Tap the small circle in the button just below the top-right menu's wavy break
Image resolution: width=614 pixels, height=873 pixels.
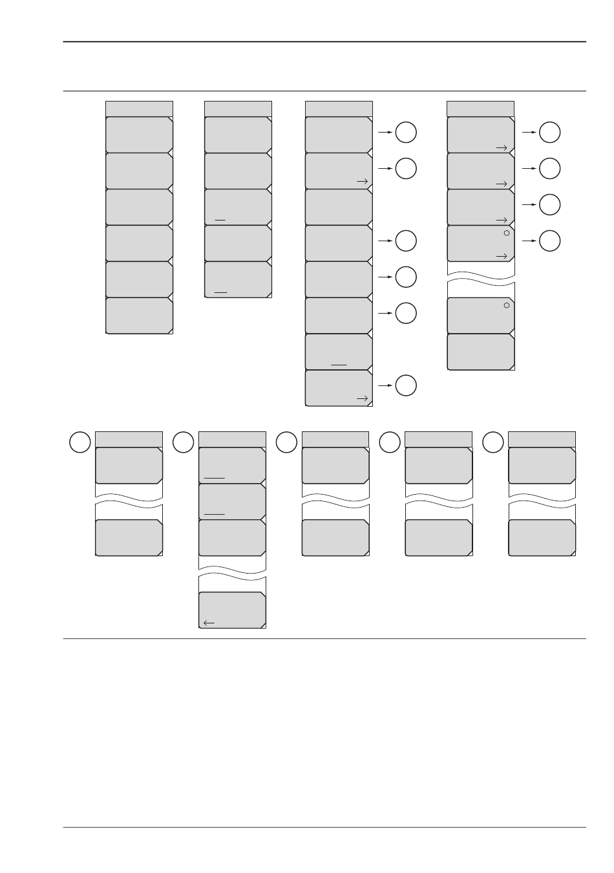507,305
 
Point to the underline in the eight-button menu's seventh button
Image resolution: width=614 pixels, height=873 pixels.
339,365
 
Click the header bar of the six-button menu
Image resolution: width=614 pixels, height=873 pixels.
139,108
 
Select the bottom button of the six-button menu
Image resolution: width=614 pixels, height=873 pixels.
139,316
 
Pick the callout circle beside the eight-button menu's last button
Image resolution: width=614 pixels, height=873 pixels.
406,385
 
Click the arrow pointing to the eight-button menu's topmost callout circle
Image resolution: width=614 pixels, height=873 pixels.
385,133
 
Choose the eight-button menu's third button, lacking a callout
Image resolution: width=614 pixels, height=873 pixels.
339,207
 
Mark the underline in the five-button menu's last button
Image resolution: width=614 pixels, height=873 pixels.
220,292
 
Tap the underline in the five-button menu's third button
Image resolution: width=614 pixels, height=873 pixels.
220,220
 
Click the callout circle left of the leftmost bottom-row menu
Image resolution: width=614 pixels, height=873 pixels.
79,443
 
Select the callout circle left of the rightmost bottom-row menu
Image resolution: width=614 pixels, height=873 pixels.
493,443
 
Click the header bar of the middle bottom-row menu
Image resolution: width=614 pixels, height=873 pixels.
335,438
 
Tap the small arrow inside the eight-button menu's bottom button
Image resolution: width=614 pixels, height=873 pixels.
363,399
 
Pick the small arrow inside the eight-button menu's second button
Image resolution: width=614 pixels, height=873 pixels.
363,182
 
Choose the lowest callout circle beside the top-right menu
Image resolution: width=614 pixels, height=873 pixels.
550,241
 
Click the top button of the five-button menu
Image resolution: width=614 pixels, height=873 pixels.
238,135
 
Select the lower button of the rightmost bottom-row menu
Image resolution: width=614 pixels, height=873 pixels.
542,537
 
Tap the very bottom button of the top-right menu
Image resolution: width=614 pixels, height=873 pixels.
481,352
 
